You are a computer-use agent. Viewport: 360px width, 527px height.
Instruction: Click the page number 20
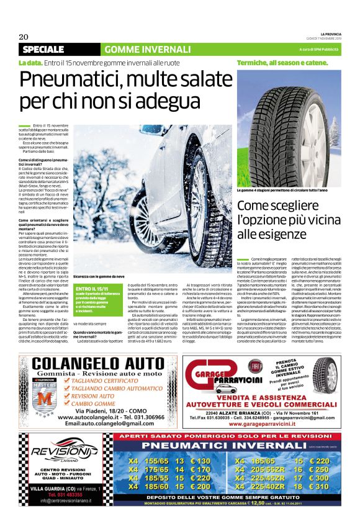coord(23,36)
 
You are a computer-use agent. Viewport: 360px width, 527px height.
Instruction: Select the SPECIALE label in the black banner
coord(43,49)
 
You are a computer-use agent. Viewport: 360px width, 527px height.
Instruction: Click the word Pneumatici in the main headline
coord(74,81)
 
